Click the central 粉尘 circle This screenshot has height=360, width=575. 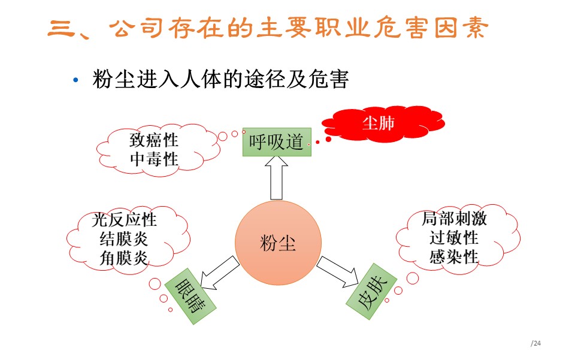coord(278,243)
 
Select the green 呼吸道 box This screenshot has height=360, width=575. coord(277,142)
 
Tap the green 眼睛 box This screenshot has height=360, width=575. coord(190,297)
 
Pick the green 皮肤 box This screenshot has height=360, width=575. coord(371,292)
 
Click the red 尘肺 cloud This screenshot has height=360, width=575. coord(383,123)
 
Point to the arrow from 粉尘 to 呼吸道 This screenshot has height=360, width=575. coord(276,178)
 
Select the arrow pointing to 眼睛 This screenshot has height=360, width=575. coord(219,273)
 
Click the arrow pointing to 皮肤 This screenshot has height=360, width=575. coord(338,272)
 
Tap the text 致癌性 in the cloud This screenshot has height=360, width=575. coord(154,140)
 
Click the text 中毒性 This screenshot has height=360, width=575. coord(154,159)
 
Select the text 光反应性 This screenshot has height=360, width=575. coord(125,220)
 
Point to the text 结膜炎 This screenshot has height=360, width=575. coord(124,239)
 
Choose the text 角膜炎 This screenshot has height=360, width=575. coord(124,258)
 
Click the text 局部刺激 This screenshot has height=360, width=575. coord(454,219)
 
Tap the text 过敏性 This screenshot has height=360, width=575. coord(454,238)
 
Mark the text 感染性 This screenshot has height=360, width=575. coord(454,256)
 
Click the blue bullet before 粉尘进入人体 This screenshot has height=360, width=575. coord(75,80)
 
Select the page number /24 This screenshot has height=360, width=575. coord(535,343)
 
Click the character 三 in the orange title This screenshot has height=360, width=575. coord(61,28)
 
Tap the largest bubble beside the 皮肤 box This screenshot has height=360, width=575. coord(413,279)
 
